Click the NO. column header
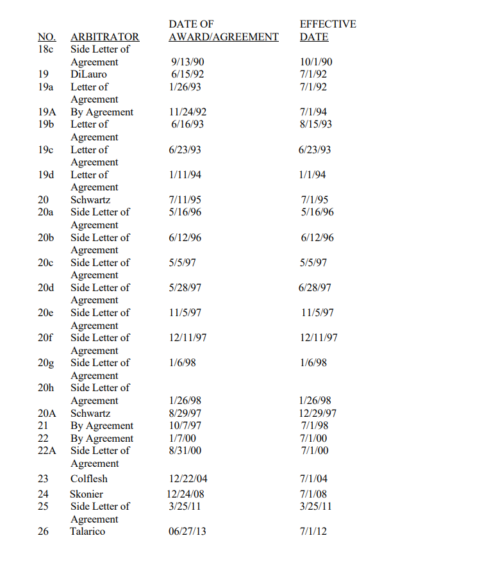click(x=47, y=37)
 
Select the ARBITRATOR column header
click(x=104, y=37)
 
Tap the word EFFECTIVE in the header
click(x=328, y=24)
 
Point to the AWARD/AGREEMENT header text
click(x=224, y=37)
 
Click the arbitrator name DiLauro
click(x=89, y=74)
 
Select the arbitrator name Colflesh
click(x=89, y=479)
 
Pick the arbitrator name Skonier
click(x=87, y=494)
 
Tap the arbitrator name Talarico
click(x=88, y=532)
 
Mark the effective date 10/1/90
click(x=317, y=62)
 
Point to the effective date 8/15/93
click(x=317, y=124)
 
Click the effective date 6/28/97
click(x=315, y=288)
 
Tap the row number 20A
click(x=47, y=414)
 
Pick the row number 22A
click(x=47, y=451)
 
